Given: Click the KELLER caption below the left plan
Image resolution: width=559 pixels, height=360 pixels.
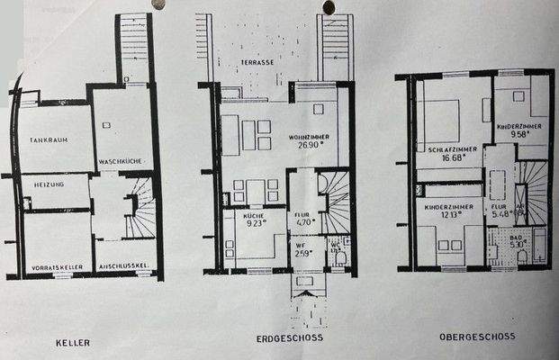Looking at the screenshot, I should pos(77,343).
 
